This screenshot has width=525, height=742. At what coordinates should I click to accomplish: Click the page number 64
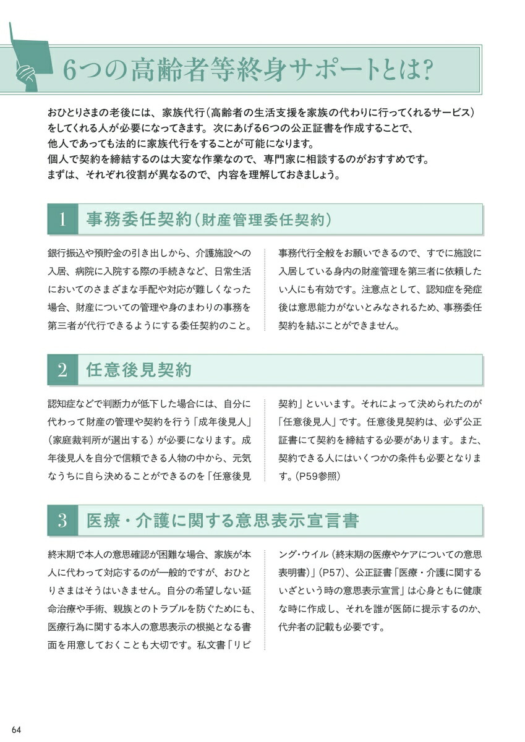[16, 729]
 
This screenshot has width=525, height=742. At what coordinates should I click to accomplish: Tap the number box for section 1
[62, 219]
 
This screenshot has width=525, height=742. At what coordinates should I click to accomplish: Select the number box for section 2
[62, 370]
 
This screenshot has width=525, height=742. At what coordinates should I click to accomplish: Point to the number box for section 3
[62, 521]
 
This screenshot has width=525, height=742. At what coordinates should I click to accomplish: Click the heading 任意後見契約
[139, 370]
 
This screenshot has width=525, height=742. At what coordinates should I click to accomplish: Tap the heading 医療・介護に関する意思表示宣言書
[223, 521]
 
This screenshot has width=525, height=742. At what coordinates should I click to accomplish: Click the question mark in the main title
[440, 70]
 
